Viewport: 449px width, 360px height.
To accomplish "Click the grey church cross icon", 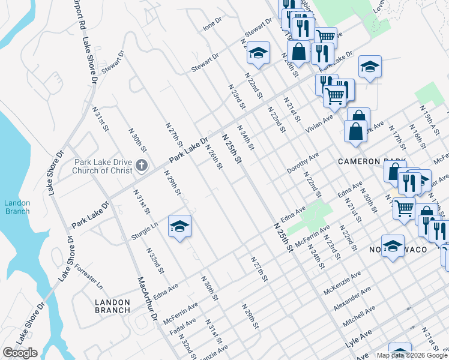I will click(142, 166).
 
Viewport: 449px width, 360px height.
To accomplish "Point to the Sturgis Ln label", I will click(145, 231).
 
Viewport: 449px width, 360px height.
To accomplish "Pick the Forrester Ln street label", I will click(89, 277).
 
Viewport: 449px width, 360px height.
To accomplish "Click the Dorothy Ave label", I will click(303, 163).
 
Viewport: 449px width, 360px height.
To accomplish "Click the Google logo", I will click(20, 353).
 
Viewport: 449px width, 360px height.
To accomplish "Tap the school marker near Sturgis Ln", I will click(179, 226).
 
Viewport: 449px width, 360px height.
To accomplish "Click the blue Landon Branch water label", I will click(17, 207).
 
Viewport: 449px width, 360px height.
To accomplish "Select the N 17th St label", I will click(397, 137).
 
